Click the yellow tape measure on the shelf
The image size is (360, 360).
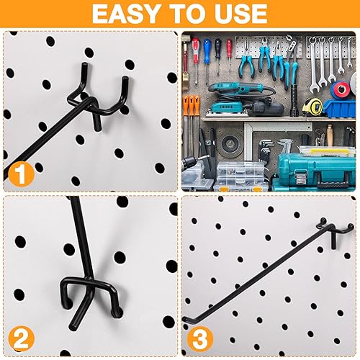pos(312,107)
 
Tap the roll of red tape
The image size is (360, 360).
pos(340,90)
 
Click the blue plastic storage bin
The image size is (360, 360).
pos(338,108)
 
